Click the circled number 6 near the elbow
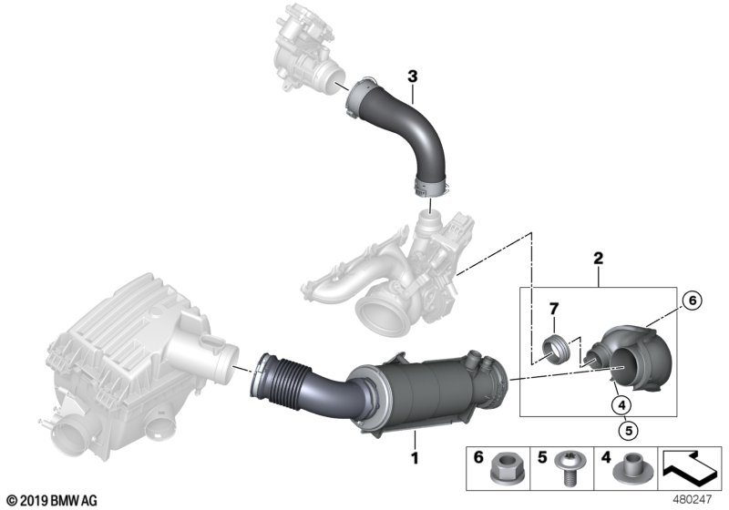690,300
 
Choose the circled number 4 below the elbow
621,403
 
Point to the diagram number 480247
698,500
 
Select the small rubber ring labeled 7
555,350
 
